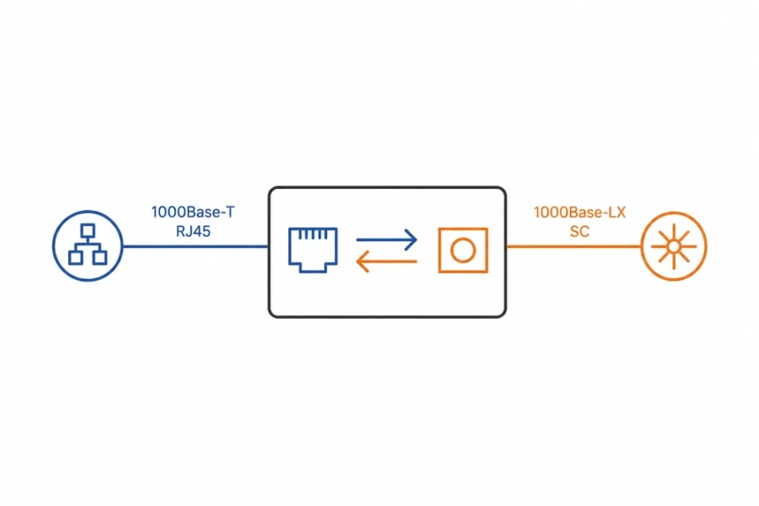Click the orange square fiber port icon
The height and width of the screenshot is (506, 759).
click(x=439, y=250)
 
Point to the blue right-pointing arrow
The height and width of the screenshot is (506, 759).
click(x=386, y=240)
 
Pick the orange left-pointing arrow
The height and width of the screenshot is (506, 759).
click(x=386, y=261)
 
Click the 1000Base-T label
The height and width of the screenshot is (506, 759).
click(x=192, y=212)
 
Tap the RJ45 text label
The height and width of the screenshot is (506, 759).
click(x=193, y=231)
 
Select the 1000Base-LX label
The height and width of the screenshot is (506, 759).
click(x=579, y=212)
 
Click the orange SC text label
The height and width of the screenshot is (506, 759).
click(x=579, y=231)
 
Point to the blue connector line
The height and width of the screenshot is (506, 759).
click(x=196, y=246)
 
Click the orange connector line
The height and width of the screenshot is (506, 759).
click(x=573, y=246)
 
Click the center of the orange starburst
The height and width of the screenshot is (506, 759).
click(x=674, y=247)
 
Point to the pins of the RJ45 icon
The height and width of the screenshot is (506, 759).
click(x=313, y=234)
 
